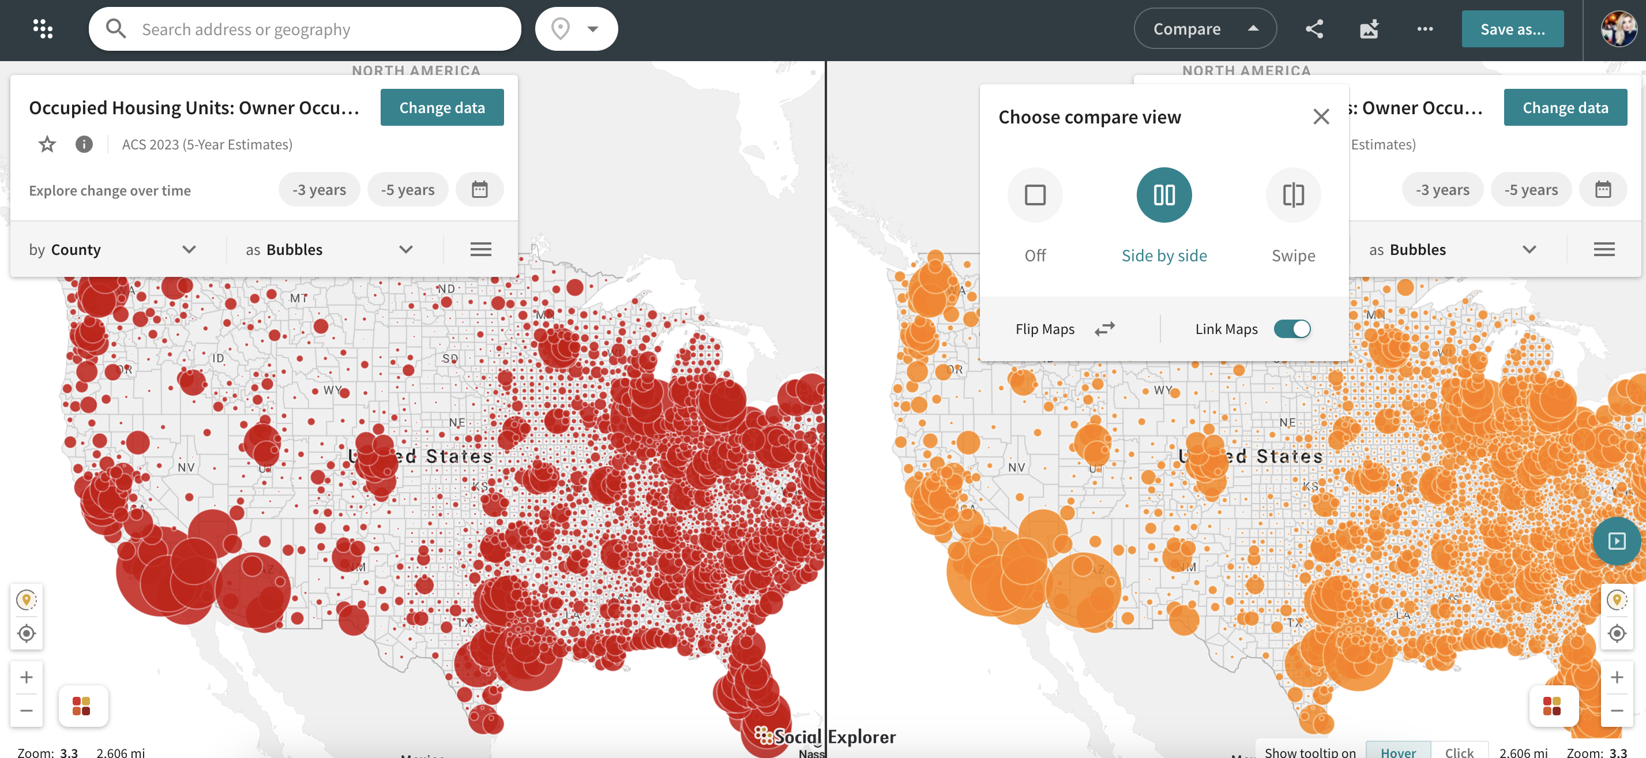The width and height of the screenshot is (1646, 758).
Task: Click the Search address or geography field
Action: coord(307,29)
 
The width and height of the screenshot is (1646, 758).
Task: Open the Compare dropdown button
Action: coord(1204,29)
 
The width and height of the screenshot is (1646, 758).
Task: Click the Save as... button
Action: coord(1512,29)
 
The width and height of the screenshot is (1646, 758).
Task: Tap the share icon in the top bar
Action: coord(1314,29)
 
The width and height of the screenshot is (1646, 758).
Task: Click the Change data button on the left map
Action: coord(442,107)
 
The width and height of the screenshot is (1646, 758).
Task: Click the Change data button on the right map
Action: coord(1565,107)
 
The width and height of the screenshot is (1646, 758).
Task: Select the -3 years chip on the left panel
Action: coord(319,190)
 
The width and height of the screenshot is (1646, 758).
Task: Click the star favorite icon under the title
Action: coord(47,144)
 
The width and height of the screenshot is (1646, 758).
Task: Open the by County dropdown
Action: coord(112,249)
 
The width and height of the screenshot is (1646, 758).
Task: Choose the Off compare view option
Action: coord(1035,195)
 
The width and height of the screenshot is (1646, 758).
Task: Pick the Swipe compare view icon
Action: coord(1292,195)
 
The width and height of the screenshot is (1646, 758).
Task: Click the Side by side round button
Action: coord(1164,195)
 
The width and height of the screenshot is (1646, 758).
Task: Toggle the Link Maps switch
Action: coord(1291,329)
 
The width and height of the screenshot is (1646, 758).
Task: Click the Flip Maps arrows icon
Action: coord(1104,329)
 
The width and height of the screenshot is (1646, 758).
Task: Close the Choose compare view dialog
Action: coord(1321,117)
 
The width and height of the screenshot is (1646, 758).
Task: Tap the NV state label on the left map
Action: coord(186,467)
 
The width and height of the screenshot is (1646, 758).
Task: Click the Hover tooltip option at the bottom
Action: coord(1397,751)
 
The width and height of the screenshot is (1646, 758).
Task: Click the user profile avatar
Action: coord(1618,29)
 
